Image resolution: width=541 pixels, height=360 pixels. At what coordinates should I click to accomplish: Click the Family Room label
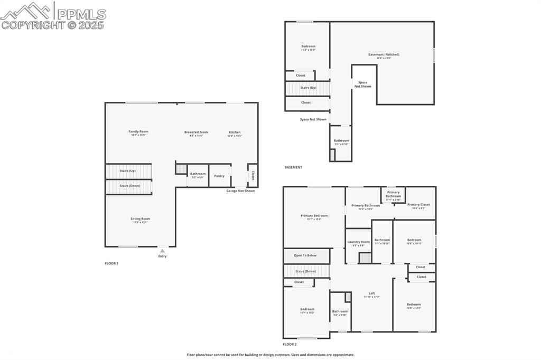[x=138, y=131]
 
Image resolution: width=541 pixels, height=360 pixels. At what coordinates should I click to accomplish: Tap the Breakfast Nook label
[x=196, y=132]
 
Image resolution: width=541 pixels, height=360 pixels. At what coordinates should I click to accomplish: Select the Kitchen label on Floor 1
[x=235, y=132]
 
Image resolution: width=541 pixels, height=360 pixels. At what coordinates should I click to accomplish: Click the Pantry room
[x=219, y=176]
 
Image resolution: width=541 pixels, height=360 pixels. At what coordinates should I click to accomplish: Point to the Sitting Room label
[x=141, y=219]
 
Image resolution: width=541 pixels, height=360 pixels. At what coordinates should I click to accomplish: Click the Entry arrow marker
[x=162, y=251]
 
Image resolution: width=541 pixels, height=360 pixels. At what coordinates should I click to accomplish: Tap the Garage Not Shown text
[x=240, y=191]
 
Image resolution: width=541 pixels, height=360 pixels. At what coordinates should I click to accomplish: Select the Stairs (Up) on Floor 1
[x=128, y=171]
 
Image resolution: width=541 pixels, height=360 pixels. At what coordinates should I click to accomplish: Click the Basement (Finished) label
[x=384, y=54]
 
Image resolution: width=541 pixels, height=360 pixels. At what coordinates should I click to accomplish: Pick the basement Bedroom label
[x=308, y=46]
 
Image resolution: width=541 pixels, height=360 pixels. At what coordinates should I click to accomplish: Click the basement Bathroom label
[x=341, y=140]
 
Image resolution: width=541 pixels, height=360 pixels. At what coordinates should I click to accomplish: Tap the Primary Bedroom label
[x=314, y=215]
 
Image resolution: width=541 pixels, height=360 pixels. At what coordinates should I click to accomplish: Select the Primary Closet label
[x=418, y=204]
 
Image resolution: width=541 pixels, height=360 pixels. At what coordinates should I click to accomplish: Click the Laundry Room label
[x=358, y=242]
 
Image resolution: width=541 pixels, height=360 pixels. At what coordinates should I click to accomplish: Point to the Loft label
[x=371, y=293]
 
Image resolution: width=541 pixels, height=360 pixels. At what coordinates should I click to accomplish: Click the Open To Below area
[x=305, y=255]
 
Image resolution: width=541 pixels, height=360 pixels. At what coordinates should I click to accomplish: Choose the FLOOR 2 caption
[x=290, y=344]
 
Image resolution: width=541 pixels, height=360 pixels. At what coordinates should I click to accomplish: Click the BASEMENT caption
[x=293, y=167]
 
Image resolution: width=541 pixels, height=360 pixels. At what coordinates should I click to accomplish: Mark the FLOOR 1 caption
[x=111, y=263]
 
